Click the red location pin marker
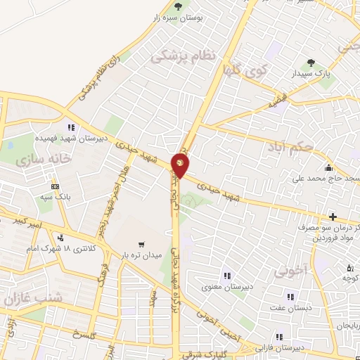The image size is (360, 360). pyautogui.click(x=181, y=166)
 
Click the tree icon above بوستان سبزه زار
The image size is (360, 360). pyautogui.click(x=178, y=7)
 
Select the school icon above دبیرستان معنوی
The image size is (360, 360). pyautogui.click(x=226, y=275)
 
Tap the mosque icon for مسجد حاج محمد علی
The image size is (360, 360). pyautogui.click(x=328, y=167)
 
